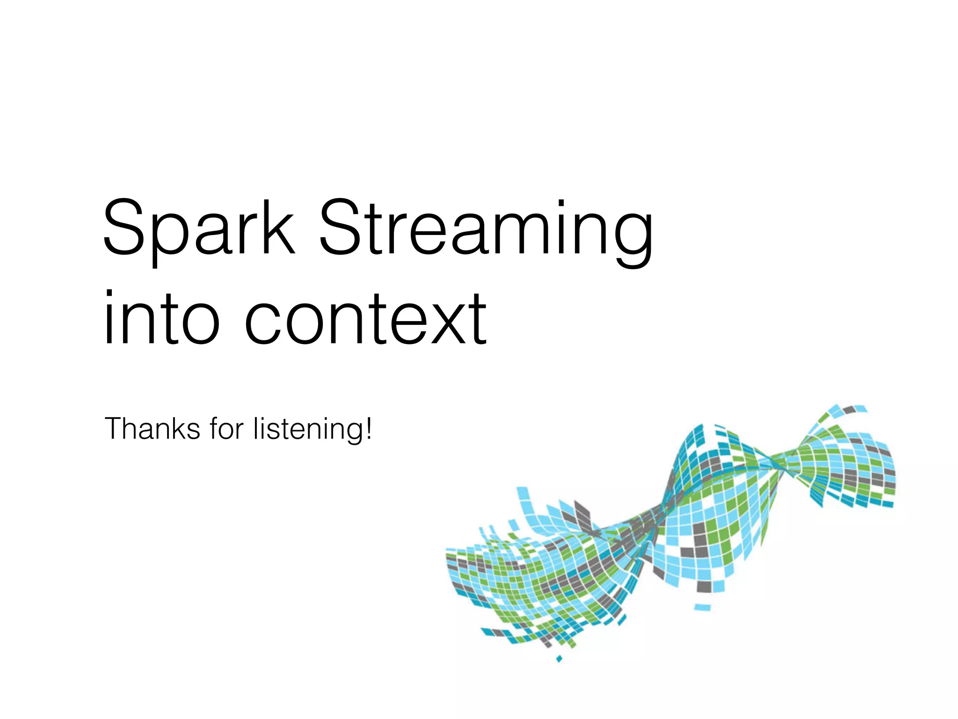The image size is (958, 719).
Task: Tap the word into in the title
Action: [161, 318]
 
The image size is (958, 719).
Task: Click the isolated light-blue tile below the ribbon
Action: [703, 608]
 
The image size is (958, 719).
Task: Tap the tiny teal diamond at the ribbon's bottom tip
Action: [559, 659]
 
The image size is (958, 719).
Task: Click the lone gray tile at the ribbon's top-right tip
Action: [849, 410]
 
